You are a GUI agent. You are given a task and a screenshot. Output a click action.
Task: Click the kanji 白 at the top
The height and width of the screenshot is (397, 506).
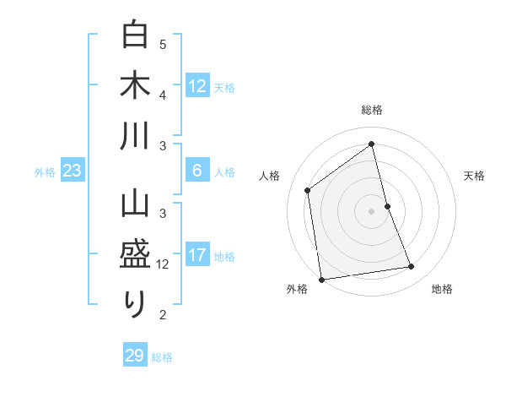click(x=135, y=35)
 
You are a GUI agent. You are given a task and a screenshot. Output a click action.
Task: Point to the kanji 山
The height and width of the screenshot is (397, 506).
click(x=135, y=205)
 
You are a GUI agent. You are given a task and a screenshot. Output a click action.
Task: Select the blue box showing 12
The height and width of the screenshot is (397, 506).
click(x=196, y=85)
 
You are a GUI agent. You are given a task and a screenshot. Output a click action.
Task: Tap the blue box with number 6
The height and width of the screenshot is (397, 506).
click(x=196, y=171)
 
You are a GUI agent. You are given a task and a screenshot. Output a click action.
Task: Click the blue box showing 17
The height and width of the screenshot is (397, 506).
click(x=196, y=255)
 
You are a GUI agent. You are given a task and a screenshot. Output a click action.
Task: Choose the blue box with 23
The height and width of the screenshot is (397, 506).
click(x=73, y=171)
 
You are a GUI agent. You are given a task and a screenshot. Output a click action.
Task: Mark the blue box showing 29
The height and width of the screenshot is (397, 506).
click(x=134, y=356)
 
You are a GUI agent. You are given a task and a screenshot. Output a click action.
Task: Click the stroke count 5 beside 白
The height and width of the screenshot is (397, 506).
click(x=163, y=44)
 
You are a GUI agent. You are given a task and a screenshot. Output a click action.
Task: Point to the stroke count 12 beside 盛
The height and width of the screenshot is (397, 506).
click(x=163, y=264)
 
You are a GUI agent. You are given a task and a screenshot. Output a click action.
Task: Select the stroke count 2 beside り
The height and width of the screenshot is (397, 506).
click(x=163, y=315)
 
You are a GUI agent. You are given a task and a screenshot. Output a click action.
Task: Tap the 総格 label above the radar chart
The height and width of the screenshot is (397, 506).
click(x=372, y=110)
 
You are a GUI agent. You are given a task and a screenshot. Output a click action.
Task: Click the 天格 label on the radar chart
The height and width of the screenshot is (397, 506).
click(x=474, y=176)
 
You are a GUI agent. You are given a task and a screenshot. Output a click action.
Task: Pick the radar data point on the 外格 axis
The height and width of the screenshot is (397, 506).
click(x=320, y=279)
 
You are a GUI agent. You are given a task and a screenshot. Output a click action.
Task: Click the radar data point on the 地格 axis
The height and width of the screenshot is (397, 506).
click(x=412, y=267)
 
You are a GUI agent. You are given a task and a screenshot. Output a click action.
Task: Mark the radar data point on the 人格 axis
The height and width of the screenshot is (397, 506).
click(x=308, y=190)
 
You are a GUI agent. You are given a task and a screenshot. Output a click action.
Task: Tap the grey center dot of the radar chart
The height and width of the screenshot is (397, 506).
click(x=372, y=210)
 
